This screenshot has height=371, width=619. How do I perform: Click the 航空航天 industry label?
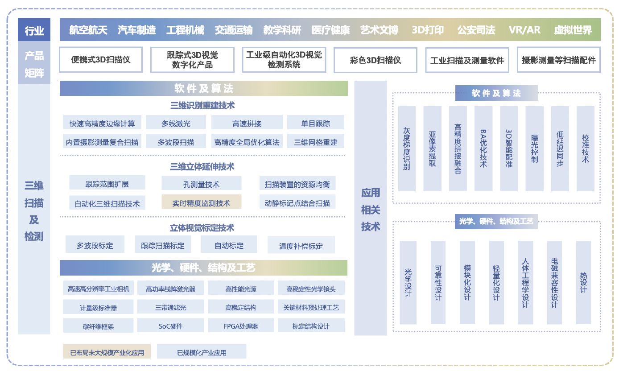tap(88, 30)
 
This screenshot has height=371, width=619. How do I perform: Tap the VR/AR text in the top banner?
tap(524, 30)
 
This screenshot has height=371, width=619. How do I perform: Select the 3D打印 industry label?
tap(428, 30)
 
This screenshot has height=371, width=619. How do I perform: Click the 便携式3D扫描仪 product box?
tap(101, 60)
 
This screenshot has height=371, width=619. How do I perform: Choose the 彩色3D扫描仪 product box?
tap(375, 60)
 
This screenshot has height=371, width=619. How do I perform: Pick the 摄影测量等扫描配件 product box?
tap(558, 60)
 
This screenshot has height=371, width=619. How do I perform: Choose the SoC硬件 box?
tap(170, 326)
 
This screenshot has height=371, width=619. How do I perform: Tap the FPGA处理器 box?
tap(241, 326)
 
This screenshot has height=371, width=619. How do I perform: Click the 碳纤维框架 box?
tap(99, 326)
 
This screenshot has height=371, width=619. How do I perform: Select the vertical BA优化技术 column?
tap(483, 148)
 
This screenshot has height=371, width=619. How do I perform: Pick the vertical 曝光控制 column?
tap(534, 148)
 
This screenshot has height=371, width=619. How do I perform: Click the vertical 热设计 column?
tap(583, 283)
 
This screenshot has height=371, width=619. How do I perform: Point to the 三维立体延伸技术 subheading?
tap(202, 167)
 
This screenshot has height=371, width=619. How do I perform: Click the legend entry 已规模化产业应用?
tap(202, 352)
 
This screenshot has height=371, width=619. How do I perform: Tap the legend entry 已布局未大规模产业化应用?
tap(107, 352)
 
